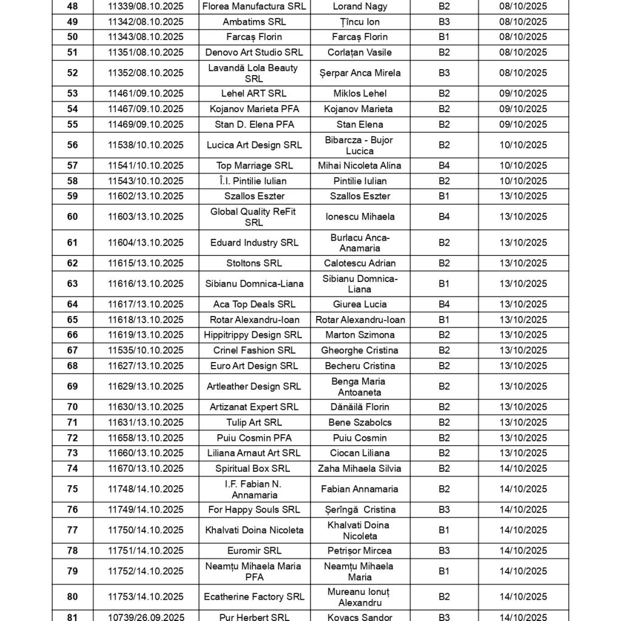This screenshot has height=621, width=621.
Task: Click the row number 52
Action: (72, 73)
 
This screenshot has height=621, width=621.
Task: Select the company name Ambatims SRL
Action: (254, 22)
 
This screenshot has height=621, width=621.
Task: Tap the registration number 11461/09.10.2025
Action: (146, 93)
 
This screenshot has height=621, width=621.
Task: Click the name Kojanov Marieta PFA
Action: (254, 109)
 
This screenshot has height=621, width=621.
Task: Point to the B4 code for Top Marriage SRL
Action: (444, 166)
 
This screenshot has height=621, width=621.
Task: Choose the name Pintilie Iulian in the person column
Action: (360, 181)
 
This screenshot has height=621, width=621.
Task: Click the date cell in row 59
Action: (523, 196)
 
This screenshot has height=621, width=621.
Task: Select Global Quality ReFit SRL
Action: (254, 217)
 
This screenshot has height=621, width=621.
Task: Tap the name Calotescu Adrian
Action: (360, 263)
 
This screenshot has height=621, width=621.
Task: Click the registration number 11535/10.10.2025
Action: (146, 351)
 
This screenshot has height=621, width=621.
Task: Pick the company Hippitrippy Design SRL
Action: (254, 335)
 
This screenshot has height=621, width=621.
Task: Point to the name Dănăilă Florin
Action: (360, 407)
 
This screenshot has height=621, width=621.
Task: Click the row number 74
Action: (72, 468)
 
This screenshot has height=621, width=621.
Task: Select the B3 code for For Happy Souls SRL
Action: (444, 509)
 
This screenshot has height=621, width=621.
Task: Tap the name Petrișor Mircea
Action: (360, 551)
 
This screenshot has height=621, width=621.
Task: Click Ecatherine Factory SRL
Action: (254, 597)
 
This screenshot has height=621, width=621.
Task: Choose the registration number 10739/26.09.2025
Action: (146, 617)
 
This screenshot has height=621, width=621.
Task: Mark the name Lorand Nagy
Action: (360, 7)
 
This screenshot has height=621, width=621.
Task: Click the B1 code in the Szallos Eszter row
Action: (444, 196)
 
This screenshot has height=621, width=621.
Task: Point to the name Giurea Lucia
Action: (360, 304)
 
